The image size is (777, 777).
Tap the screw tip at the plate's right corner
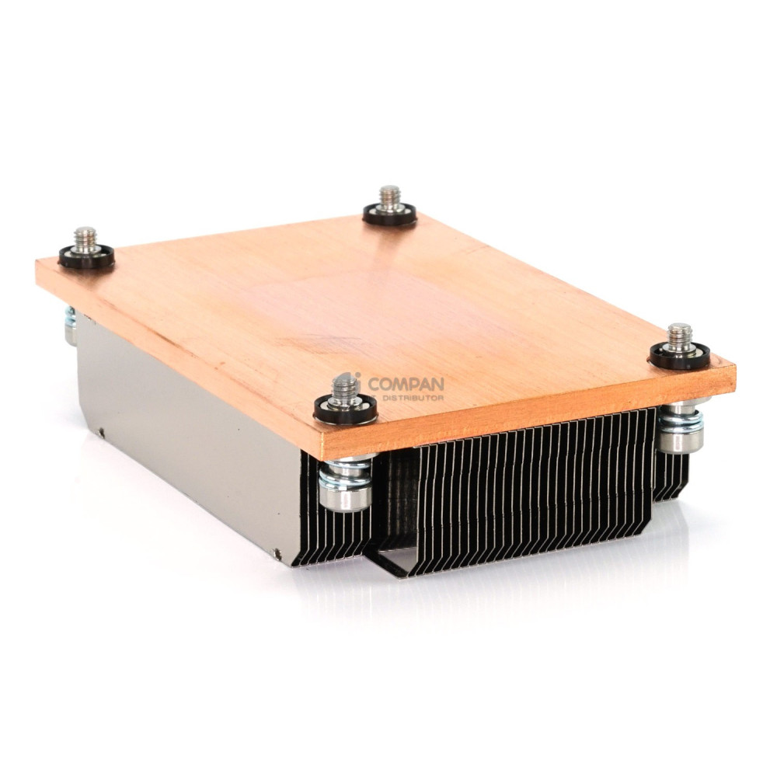click(680, 336)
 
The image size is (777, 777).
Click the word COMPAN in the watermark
click(406, 383)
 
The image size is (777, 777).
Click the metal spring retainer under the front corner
click(347, 486)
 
